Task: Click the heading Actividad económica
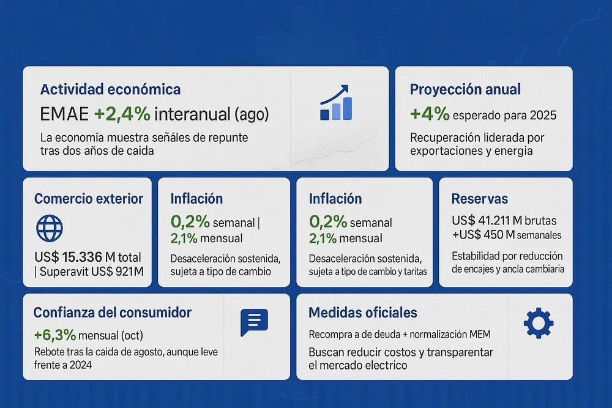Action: coord(110,89)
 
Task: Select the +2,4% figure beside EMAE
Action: coord(122,114)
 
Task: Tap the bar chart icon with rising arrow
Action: coord(336,102)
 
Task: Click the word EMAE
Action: coord(64,114)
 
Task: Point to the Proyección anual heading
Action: coord(465,89)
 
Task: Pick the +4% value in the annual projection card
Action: coord(430,114)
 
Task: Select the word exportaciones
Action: coord(445,150)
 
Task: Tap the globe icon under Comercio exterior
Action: coord(50,228)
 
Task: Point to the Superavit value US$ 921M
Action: coord(113,271)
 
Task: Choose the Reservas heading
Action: coord(479,199)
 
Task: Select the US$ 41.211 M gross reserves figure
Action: coord(504,220)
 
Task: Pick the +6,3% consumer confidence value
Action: coord(55,335)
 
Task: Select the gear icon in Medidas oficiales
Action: coord(539,322)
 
